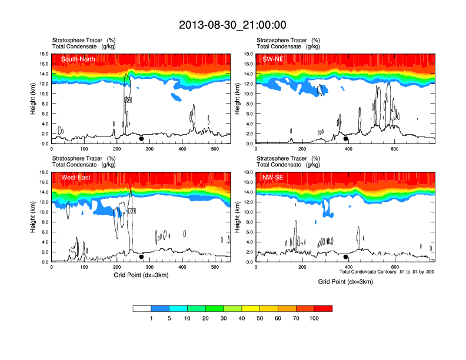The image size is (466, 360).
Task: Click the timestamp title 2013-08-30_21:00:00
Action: pyautogui.click(x=232, y=25)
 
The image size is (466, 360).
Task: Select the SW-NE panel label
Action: pyautogui.click(x=274, y=59)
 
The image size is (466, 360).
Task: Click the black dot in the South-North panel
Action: pyautogui.click(x=141, y=139)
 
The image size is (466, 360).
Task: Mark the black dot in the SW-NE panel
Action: pyautogui.click(x=346, y=139)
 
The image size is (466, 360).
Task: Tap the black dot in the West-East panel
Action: pyautogui.click(x=141, y=257)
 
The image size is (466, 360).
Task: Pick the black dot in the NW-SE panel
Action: pyautogui.click(x=346, y=257)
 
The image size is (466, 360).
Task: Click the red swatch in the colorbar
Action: pyautogui.click(x=323, y=308)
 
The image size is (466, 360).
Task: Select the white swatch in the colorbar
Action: pyautogui.click(x=142, y=308)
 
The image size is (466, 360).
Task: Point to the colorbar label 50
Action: pyautogui.click(x=260, y=318)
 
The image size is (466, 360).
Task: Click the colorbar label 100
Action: pyautogui.click(x=314, y=318)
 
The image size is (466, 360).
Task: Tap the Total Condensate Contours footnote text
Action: pyautogui.click(x=387, y=272)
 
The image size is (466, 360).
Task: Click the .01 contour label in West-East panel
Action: pyautogui.click(x=132, y=211)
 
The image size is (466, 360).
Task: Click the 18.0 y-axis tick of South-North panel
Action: pyautogui.click(x=43, y=54)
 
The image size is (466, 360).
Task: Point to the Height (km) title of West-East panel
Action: pyautogui.click(x=34, y=217)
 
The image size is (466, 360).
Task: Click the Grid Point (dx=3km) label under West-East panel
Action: pyautogui.click(x=141, y=275)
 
